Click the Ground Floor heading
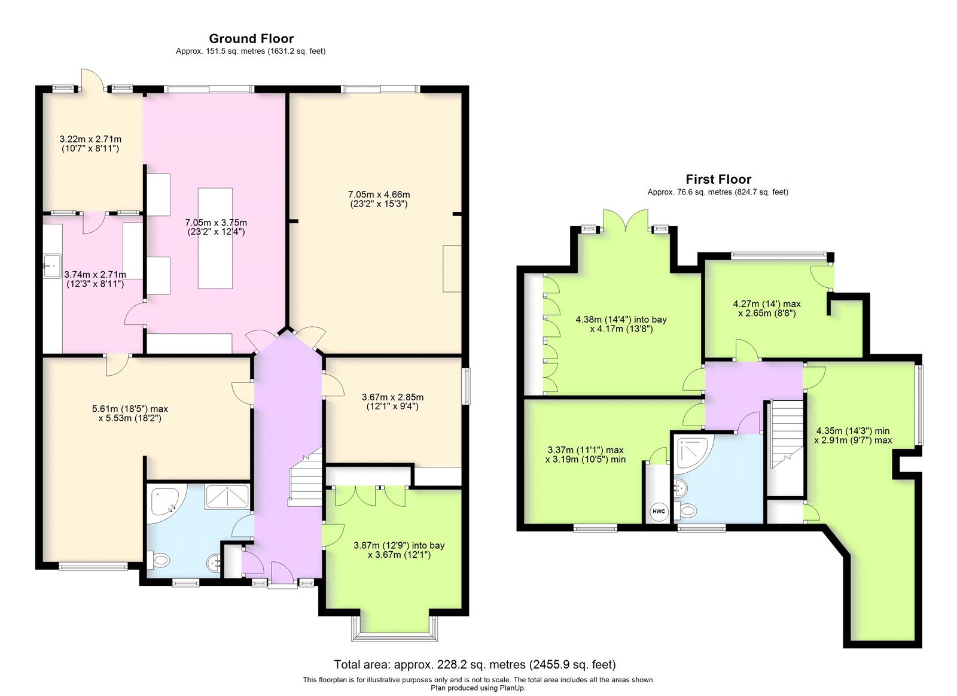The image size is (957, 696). [x=251, y=39]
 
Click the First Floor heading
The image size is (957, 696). [x=718, y=180]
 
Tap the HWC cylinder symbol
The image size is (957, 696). [x=659, y=511]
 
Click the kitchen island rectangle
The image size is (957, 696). [x=215, y=238]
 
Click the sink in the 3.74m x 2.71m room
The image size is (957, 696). [x=52, y=262]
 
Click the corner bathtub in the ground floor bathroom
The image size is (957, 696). [x=164, y=500]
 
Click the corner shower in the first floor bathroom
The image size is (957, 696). [x=693, y=452]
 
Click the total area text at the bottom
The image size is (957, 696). [x=474, y=664]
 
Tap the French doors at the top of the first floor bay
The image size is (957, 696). [x=626, y=221]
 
